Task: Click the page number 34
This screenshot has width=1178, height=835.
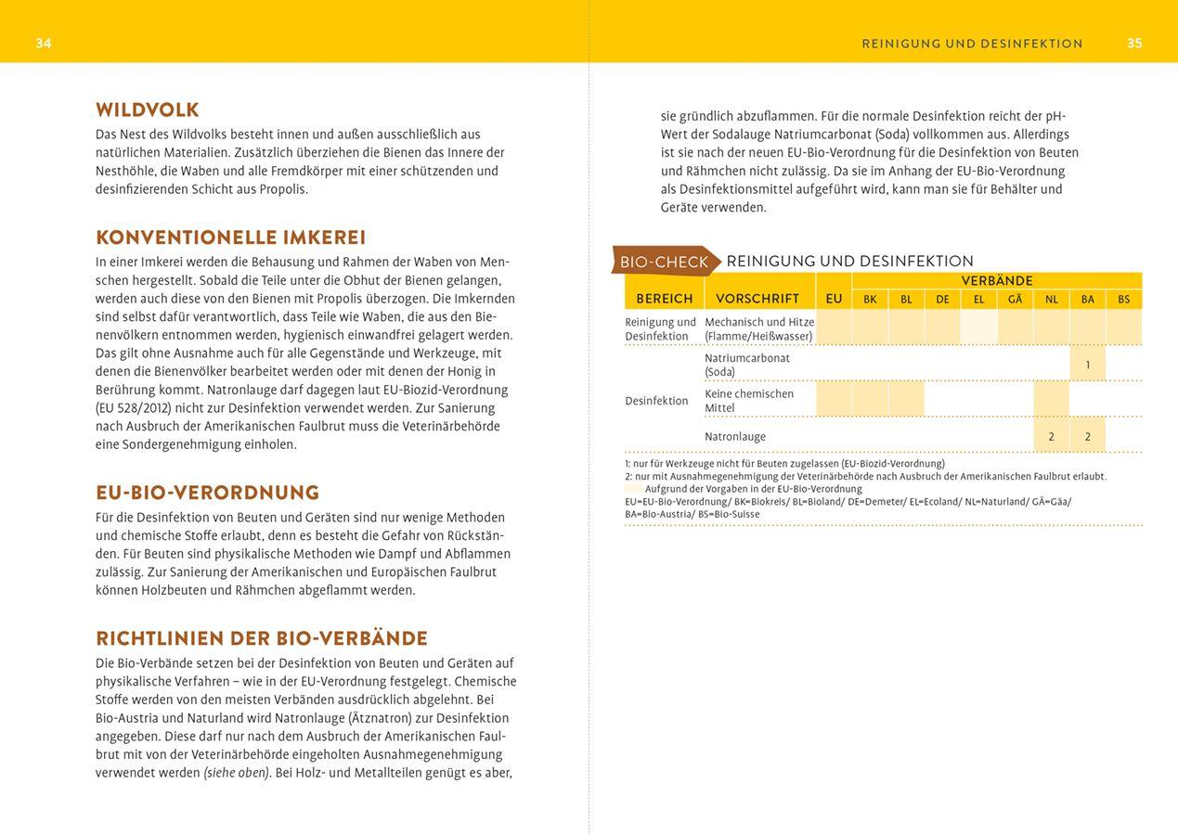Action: click(44, 44)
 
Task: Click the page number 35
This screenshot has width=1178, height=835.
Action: click(1134, 44)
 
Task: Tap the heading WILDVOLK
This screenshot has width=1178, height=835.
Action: click(148, 110)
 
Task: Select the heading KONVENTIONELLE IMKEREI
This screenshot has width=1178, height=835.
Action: click(231, 238)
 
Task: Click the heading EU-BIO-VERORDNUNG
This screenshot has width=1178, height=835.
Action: click(208, 493)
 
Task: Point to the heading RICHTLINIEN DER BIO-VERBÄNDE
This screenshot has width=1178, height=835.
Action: click(262, 638)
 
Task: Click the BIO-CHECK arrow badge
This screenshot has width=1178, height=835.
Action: click(665, 262)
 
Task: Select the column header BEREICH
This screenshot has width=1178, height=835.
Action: click(665, 299)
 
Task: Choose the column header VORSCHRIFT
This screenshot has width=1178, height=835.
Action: click(757, 299)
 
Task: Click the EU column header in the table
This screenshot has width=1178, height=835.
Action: click(834, 299)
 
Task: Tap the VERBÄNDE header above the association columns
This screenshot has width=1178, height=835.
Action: click(997, 281)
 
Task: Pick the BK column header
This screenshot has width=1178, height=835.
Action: click(870, 300)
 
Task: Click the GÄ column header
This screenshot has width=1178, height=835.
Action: click(1015, 300)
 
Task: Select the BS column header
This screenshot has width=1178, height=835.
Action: click(1124, 300)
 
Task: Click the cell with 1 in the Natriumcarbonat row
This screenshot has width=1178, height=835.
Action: click(1088, 365)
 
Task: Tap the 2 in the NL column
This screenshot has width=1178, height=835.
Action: click(1052, 436)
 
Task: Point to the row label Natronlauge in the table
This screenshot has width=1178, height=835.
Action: click(735, 436)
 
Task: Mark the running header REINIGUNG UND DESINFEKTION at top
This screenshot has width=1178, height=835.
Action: click(972, 44)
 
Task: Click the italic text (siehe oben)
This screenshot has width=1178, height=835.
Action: click(237, 773)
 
